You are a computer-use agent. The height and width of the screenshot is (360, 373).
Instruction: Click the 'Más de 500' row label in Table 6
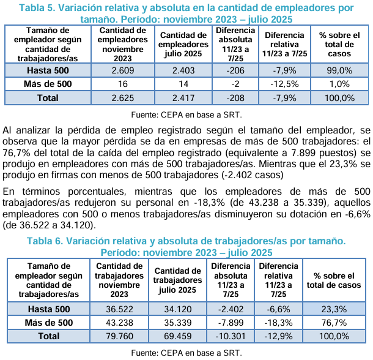48,323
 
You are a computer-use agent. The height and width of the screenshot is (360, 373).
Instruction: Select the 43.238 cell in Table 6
119,323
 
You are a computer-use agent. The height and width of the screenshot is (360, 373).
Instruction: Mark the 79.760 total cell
119,336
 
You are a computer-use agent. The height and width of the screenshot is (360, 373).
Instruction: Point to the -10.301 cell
230,336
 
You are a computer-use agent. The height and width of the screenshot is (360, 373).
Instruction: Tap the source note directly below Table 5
187,114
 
